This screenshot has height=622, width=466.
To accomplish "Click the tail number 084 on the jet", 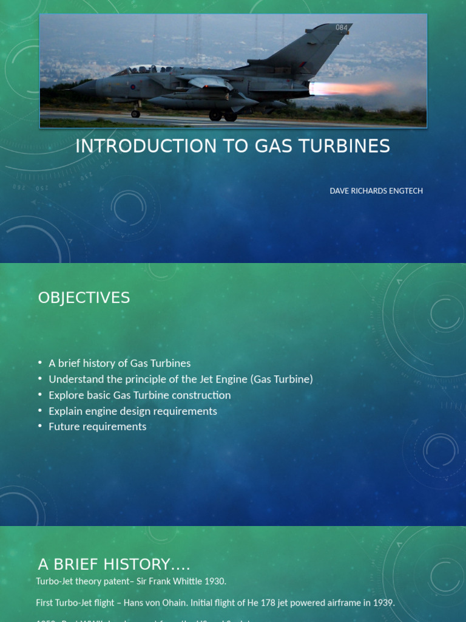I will click(342, 28).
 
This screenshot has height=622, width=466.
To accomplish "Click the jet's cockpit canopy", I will click(141, 70).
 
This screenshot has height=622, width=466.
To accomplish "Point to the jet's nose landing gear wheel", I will click(135, 114).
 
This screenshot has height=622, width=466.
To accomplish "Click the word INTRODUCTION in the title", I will click(143, 146).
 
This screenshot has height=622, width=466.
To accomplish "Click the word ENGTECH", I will click(407, 191).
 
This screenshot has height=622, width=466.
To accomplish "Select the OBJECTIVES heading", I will click(84, 298).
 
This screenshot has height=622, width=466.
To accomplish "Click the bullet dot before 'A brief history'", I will click(40, 363).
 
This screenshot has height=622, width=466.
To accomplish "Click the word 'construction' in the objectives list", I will click(201, 395).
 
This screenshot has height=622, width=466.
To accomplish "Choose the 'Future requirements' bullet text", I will click(98, 426).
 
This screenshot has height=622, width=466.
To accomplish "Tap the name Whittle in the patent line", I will click(184, 581).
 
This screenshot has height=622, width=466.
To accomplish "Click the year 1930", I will click(215, 581).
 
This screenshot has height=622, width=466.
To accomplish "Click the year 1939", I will click(383, 603).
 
